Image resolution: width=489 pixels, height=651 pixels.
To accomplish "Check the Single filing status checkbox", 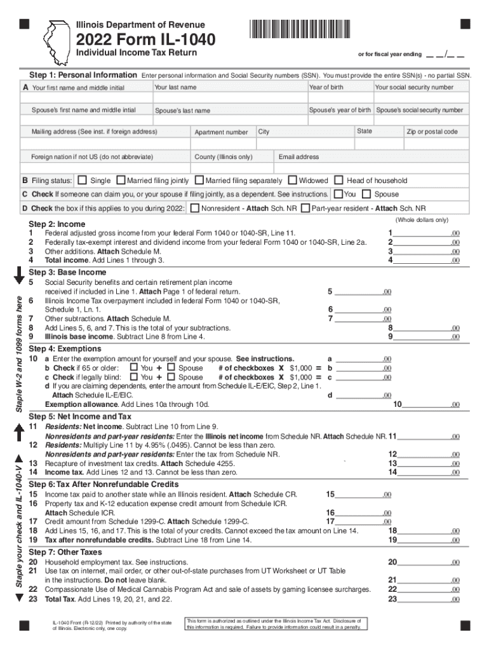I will [x=83, y=181].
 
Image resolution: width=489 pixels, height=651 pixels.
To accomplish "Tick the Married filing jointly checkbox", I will [x=123, y=181].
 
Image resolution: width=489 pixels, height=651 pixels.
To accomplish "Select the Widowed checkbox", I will [x=292, y=181].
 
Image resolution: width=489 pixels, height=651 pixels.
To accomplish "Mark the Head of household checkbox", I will [x=339, y=181].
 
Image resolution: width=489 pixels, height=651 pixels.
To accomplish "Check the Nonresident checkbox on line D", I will [x=194, y=208].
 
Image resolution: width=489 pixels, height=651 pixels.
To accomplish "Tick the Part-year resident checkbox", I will [x=305, y=208].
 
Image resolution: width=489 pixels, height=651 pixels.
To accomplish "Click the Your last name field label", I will [x=175, y=87].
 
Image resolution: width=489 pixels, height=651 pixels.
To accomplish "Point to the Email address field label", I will [x=298, y=157].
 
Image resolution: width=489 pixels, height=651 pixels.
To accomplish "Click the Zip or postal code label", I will [x=432, y=132].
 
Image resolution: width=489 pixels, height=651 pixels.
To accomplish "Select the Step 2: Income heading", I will [x=57, y=224].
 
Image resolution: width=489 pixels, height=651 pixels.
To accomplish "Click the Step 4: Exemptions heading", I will [x=65, y=349].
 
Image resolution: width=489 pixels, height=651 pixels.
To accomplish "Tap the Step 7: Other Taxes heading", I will [x=65, y=552].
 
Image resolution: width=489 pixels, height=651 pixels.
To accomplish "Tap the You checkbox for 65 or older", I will [x=133, y=367].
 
